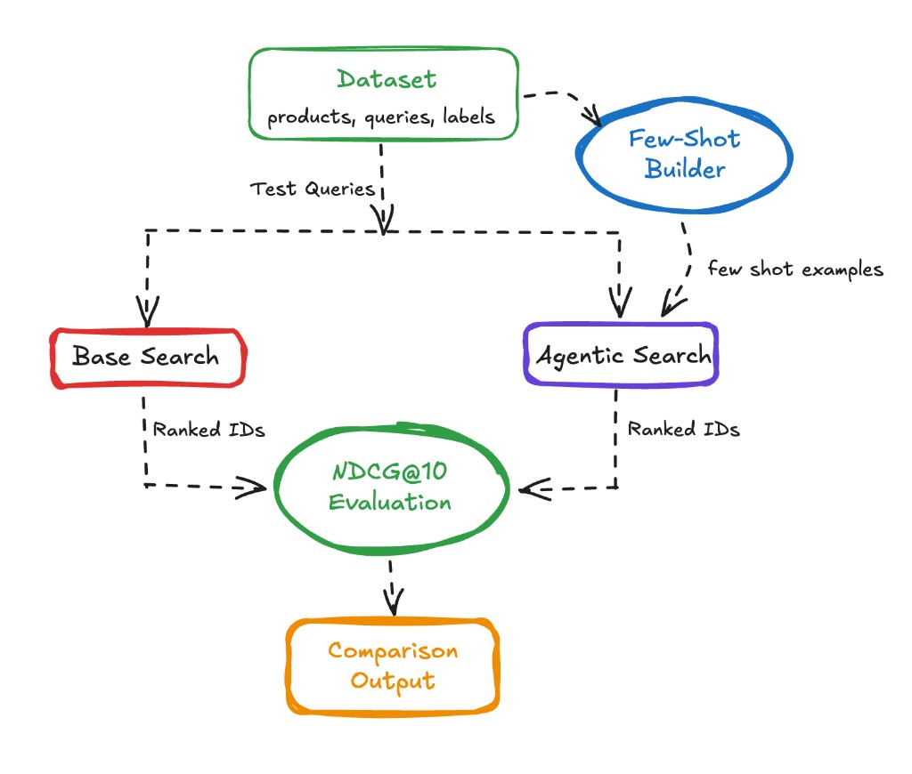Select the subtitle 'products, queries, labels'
click(x=381, y=117)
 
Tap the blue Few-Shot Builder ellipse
click(x=685, y=155)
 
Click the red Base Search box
click(x=146, y=358)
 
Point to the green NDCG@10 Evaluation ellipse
click(x=390, y=488)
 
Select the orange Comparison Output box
click(x=393, y=665)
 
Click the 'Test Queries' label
click(x=300, y=189)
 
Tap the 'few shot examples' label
click(x=795, y=269)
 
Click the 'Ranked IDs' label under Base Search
click(x=209, y=429)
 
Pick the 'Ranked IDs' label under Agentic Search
click(x=683, y=429)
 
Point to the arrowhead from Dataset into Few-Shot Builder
click(x=590, y=114)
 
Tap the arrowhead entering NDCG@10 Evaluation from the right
click(x=532, y=488)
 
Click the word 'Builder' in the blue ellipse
click(x=685, y=169)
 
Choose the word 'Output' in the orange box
click(x=393, y=681)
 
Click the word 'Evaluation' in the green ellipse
click(x=390, y=502)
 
